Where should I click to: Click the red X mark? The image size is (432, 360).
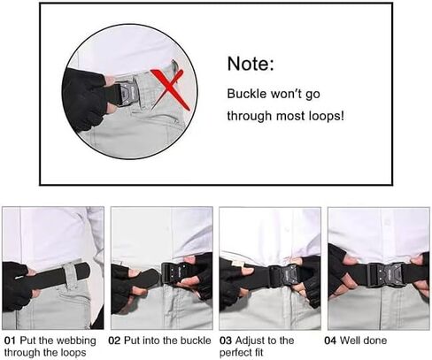pyautogui.click(x=170, y=88)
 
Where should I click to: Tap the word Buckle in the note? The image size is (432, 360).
pyautogui.click(x=247, y=94)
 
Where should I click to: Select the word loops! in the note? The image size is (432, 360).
pyautogui.click(x=327, y=116)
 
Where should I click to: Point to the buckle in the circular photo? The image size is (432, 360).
pyautogui.click(x=124, y=93)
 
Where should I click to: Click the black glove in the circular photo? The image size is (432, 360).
pyautogui.click(x=84, y=100)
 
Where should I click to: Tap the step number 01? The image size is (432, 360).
pyautogui.click(x=10, y=341)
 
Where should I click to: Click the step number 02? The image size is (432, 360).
pyautogui.click(x=114, y=341)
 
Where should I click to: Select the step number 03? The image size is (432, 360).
pyautogui.click(x=226, y=341)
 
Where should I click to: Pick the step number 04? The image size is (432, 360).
pyautogui.click(x=330, y=341)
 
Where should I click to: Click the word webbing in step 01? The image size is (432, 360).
pyautogui.click(x=76, y=341)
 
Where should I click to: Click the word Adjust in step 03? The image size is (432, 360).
pyautogui.click(x=249, y=341)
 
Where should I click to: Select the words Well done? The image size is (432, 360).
pyautogui.click(x=363, y=341)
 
